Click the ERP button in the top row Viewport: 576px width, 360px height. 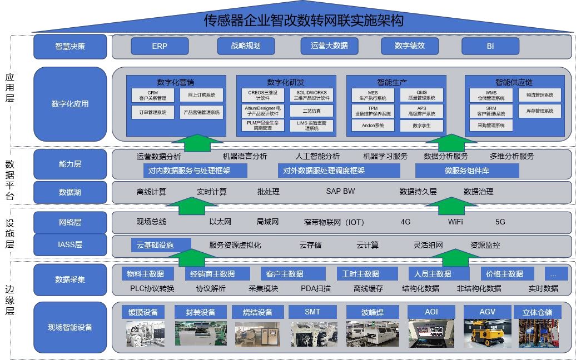(x=160, y=46)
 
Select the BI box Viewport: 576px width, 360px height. (x=490, y=46)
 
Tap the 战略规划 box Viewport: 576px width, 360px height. (x=246, y=46)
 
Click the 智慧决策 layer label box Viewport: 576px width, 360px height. (x=70, y=47)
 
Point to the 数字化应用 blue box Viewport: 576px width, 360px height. (x=70, y=104)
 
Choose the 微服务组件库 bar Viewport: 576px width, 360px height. (x=466, y=171)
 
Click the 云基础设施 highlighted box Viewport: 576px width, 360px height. (x=161, y=245)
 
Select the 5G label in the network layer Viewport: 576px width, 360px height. (x=500, y=222)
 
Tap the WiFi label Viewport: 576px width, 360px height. (x=455, y=222)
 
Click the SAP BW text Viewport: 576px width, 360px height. (x=340, y=192)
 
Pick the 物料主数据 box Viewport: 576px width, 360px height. (x=145, y=274)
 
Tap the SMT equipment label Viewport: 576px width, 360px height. (x=312, y=312)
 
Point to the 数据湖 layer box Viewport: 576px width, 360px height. (x=70, y=192)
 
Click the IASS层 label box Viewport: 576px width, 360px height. (x=70, y=244)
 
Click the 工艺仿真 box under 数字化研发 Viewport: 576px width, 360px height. (x=311, y=111)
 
